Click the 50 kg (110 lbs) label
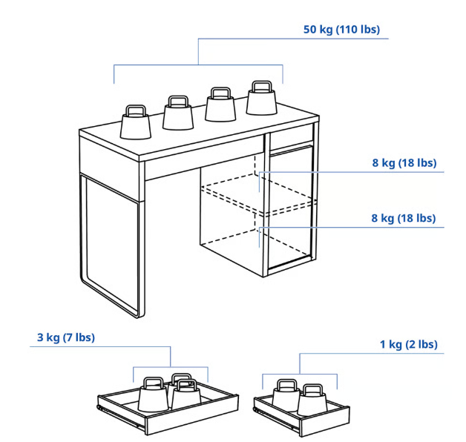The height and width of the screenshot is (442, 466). tap(341, 30)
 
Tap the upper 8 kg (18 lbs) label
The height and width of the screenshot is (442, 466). tap(404, 162)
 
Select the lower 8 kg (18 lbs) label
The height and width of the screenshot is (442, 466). tap(404, 218)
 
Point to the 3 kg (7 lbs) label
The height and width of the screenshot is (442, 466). tap(66, 337)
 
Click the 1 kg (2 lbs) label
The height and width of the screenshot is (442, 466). tap(409, 344)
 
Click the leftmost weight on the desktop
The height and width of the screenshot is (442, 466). tap(136, 122)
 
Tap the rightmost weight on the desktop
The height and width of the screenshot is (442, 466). tap(261, 98)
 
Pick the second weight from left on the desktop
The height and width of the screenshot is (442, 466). tap(178, 113)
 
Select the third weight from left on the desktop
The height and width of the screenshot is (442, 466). tap(220, 105)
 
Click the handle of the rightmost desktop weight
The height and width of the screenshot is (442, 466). tap(261, 87)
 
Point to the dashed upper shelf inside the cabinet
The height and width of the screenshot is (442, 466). tap(258, 194)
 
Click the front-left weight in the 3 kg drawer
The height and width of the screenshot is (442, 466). tap(154, 395)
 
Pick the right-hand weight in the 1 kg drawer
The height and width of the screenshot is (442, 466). tap(312, 400)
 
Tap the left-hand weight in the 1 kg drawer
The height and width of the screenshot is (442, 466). tap(286, 395)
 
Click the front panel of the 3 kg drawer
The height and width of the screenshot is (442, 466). tap(192, 415)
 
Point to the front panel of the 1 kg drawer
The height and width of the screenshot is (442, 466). tap(324, 421)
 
